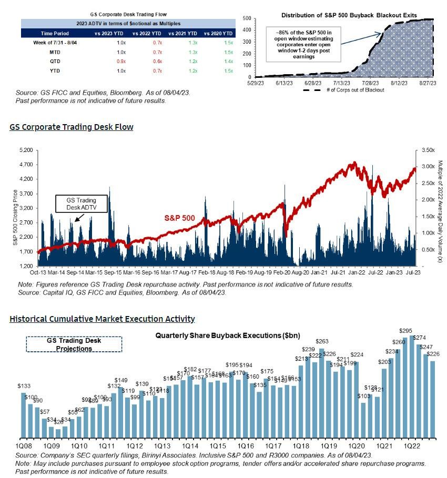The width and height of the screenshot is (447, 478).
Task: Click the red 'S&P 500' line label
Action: point(179,217)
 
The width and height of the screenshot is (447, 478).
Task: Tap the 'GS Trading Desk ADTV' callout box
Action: point(81,204)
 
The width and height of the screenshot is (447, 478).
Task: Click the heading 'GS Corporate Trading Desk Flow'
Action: point(71,127)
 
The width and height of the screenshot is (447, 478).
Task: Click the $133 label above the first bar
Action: point(24,387)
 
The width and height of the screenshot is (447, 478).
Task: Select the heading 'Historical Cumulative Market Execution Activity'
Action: point(102,319)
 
